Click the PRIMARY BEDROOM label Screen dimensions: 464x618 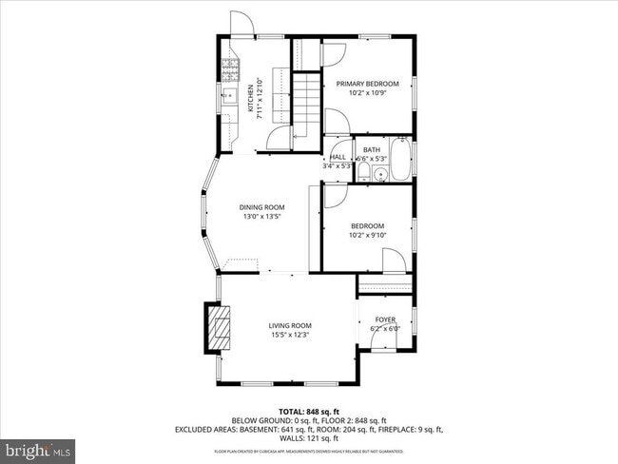[367, 84]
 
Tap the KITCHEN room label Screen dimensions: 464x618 [251, 99]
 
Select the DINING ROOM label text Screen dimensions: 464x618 [261, 207]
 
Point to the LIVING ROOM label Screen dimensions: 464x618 [289, 325]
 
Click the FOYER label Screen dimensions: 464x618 [385, 319]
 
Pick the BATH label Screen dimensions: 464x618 [371, 149]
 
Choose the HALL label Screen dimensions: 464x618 [338, 157]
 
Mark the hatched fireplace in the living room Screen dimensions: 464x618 [220, 329]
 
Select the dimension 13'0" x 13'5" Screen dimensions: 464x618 [261, 217]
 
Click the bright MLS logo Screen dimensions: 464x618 [38, 447]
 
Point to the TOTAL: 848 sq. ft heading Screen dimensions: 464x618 [308, 412]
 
